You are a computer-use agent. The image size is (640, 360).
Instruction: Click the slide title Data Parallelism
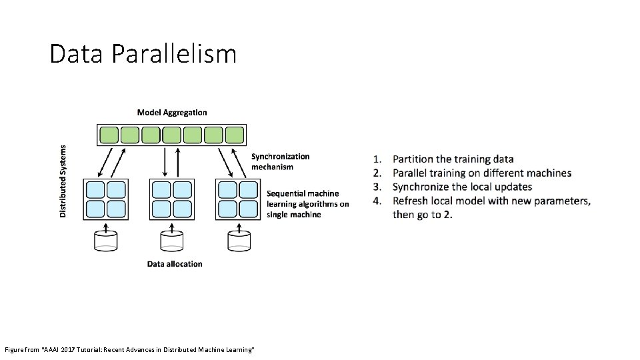point(143,53)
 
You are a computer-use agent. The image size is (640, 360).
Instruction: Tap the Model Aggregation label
point(172,113)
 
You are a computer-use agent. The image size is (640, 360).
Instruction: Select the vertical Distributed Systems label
point(63,181)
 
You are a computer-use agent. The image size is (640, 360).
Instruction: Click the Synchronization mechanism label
point(280,161)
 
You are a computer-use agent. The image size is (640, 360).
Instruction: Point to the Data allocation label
point(175,264)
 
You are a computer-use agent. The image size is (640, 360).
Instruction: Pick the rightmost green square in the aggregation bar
point(235,135)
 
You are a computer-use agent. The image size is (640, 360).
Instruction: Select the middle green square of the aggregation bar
point(172,135)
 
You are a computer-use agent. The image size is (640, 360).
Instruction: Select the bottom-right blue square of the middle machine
point(181,209)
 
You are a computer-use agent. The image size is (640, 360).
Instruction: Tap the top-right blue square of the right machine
point(248,190)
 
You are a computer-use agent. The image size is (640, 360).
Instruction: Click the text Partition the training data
point(453,159)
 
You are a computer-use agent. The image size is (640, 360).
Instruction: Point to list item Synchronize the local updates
point(462,187)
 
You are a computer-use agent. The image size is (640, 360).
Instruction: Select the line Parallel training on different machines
point(481,173)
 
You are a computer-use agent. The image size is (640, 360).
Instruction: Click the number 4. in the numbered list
point(377,201)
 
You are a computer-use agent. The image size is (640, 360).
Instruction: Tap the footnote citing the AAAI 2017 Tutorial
point(129,350)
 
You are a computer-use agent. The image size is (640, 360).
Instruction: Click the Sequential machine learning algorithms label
point(307,204)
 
